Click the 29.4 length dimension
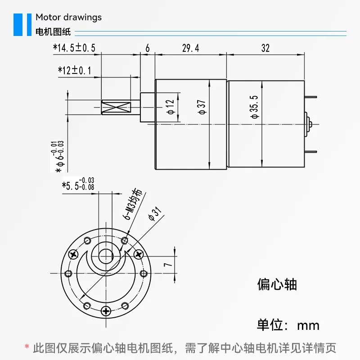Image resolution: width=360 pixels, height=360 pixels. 190,48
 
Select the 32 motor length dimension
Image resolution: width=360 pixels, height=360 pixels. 265,48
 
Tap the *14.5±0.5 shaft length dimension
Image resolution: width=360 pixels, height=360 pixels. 74,48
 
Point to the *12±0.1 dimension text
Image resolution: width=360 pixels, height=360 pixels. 75,70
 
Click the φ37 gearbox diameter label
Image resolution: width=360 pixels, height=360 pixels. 202,107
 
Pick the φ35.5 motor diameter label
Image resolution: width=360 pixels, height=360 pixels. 255,107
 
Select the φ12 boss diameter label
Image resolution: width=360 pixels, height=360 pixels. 171,107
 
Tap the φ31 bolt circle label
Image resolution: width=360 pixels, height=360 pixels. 155,213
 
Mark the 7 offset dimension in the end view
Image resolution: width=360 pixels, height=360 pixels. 168,264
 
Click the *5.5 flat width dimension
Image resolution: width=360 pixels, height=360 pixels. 78,184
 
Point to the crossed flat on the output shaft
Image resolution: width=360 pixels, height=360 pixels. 117,107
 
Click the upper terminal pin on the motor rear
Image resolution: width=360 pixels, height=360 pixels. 310,97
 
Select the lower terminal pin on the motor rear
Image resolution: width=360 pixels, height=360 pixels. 310,152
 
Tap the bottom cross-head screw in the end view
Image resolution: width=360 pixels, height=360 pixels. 106,311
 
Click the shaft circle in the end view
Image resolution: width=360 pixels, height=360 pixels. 106,256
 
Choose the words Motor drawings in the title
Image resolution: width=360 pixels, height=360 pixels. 68,18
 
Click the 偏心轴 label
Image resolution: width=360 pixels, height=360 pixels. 277,285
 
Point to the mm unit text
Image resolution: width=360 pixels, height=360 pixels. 308,326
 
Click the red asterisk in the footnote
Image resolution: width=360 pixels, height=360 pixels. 27,346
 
